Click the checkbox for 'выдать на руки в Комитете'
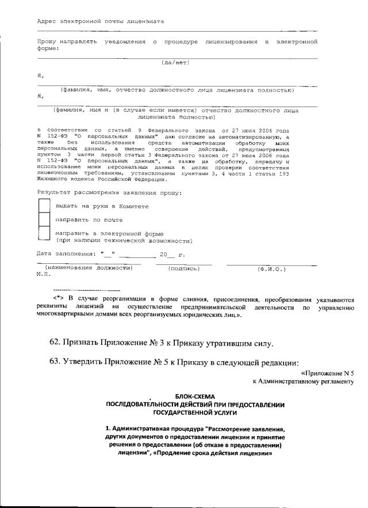pos(44,206)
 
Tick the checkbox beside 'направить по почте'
pos(44,219)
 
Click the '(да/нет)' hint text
pos(175,62)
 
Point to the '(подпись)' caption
pos(183,268)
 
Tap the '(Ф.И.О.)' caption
pos(271,268)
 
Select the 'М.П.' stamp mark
pos(43,274)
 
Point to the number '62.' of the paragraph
pos(55,343)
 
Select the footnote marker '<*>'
pos(57,299)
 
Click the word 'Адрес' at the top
pos(46,21)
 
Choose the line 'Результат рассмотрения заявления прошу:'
pos(109,192)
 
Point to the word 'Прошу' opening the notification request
pos(48,42)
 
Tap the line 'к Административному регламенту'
pos(302,381)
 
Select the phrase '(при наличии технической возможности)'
pos(124,241)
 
